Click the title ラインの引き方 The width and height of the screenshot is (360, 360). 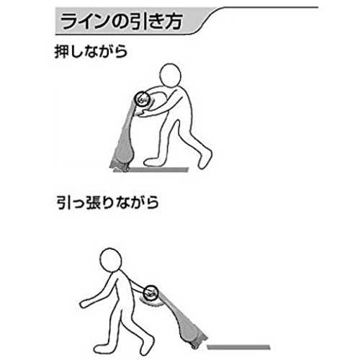click(122, 22)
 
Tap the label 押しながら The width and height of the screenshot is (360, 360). click(91, 51)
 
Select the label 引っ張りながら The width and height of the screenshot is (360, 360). click(107, 202)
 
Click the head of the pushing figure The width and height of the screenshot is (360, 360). click(170, 75)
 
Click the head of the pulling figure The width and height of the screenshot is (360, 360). click(110, 260)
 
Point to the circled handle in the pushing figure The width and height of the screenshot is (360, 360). click(142, 99)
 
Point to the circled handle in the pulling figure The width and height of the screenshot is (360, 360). click(151, 293)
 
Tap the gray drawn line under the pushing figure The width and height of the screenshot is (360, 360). click(158, 170)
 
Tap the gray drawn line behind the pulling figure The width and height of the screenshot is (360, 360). click(238, 347)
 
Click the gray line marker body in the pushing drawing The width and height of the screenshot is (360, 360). click(125, 137)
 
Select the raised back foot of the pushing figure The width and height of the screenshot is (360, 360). click(204, 158)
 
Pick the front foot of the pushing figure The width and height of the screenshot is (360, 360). click(153, 162)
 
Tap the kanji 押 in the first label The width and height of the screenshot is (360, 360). click(62, 51)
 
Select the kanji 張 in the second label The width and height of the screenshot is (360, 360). click(92, 202)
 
